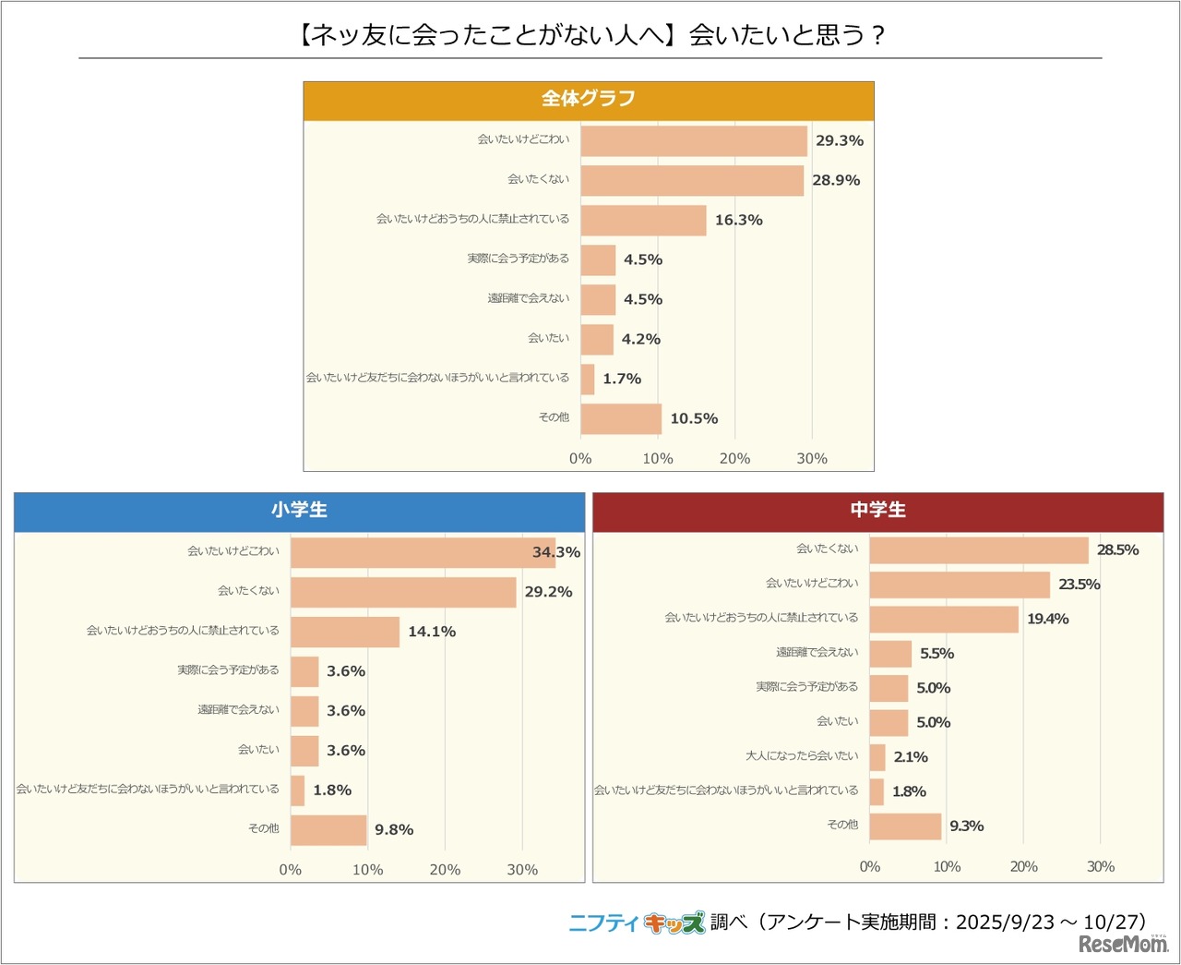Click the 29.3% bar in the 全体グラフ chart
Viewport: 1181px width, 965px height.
[x=694, y=141]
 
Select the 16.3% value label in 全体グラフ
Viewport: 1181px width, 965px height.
[x=738, y=220]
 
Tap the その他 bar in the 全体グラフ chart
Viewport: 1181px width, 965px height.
[x=621, y=418]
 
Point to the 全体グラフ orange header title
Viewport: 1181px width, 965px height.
[x=588, y=99]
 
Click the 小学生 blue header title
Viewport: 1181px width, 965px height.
[x=299, y=510]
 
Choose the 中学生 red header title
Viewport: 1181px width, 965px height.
[x=877, y=510]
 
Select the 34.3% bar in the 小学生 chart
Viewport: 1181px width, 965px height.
[x=423, y=552]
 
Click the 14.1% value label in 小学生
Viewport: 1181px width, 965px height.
[x=432, y=632]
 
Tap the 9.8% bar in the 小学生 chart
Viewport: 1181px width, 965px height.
[x=328, y=829]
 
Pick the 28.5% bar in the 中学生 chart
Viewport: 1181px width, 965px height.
[x=978, y=550]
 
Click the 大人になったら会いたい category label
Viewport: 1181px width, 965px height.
[x=802, y=756]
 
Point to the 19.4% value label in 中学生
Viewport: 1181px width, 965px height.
[x=1048, y=619]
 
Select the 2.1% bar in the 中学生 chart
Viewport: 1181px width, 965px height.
[x=877, y=757]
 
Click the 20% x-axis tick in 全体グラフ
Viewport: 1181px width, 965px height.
[x=734, y=458]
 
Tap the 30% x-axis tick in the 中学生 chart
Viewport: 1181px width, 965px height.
[x=1101, y=866]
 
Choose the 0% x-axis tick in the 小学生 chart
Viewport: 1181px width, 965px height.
[x=291, y=869]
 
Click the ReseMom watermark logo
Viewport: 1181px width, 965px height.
[x=1123, y=944]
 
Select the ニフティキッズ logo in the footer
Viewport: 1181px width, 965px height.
[x=637, y=922]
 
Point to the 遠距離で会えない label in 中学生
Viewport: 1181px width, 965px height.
[x=817, y=653]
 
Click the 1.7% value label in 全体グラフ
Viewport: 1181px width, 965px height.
[x=622, y=379]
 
